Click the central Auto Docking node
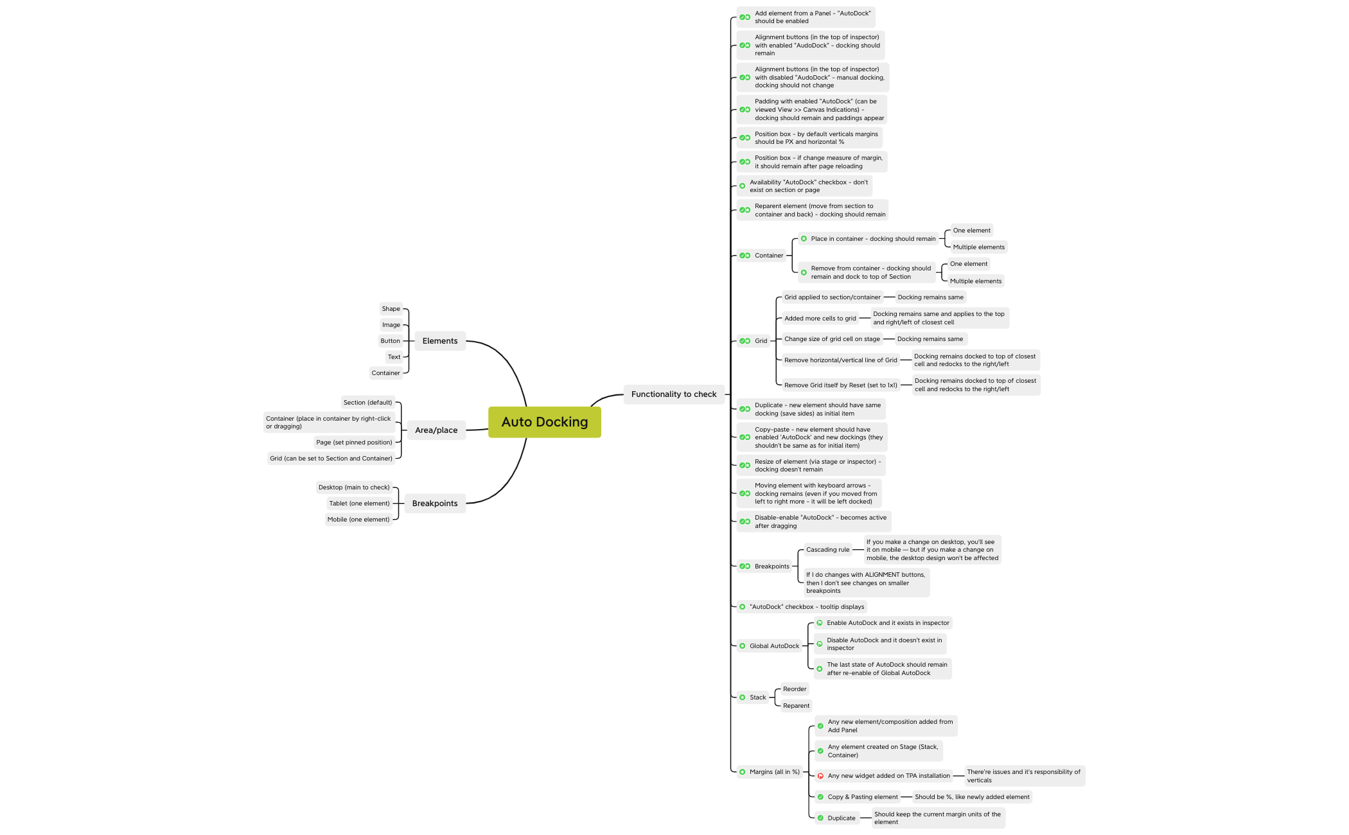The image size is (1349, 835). pyautogui.click(x=545, y=422)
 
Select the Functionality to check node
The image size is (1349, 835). pyautogui.click(x=674, y=394)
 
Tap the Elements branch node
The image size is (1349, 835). pyautogui.click(x=440, y=341)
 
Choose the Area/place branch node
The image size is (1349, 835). pyautogui.click(x=436, y=430)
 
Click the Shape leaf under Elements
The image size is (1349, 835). pyautogui.click(x=391, y=309)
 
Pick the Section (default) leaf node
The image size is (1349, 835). pyautogui.click(x=367, y=403)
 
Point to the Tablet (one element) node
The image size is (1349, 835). pyautogui.click(x=360, y=504)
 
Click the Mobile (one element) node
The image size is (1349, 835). pyautogui.click(x=358, y=520)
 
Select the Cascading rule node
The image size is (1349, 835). pyautogui.click(x=828, y=550)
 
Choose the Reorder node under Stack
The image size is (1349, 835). pyautogui.click(x=795, y=689)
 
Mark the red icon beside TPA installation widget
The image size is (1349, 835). pyautogui.click(x=820, y=776)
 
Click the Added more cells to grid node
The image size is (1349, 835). pyautogui.click(x=820, y=319)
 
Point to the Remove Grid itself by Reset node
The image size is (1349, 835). pyautogui.click(x=841, y=385)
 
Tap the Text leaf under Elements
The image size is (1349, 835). pyautogui.click(x=394, y=357)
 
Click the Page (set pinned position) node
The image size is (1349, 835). pyautogui.click(x=354, y=443)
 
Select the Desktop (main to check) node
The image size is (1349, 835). pyautogui.click(x=354, y=488)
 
